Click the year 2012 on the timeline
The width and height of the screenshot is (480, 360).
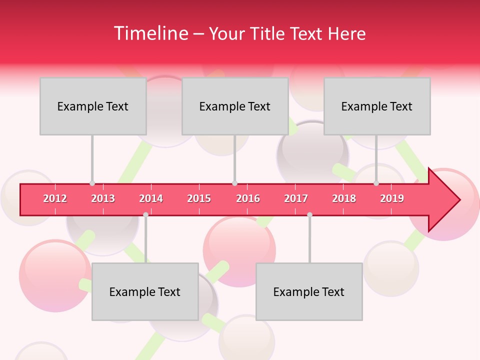coord(55,198)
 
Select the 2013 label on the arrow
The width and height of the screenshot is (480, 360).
coord(103,198)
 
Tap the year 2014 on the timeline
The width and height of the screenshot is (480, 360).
coord(151,198)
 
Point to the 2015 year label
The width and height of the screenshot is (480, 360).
coord(199,198)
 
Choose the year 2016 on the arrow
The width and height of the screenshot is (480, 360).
coord(248,198)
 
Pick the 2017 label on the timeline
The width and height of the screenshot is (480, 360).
coord(296,198)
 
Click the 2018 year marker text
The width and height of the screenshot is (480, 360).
coord(344,198)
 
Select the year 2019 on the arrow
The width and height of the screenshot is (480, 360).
coord(392,198)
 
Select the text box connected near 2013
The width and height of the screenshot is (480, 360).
coord(93,106)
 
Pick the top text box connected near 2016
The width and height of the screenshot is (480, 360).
coord(235,106)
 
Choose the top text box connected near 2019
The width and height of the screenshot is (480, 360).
coord(377,106)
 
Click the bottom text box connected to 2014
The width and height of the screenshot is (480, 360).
coord(145,291)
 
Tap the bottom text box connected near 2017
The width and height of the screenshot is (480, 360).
coord(309,291)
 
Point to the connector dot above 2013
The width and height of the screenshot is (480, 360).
coord(92,183)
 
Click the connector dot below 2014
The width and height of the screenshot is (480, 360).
coord(145,214)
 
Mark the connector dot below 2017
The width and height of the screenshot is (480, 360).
coord(309,214)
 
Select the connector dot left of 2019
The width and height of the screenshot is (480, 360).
coord(376,183)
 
